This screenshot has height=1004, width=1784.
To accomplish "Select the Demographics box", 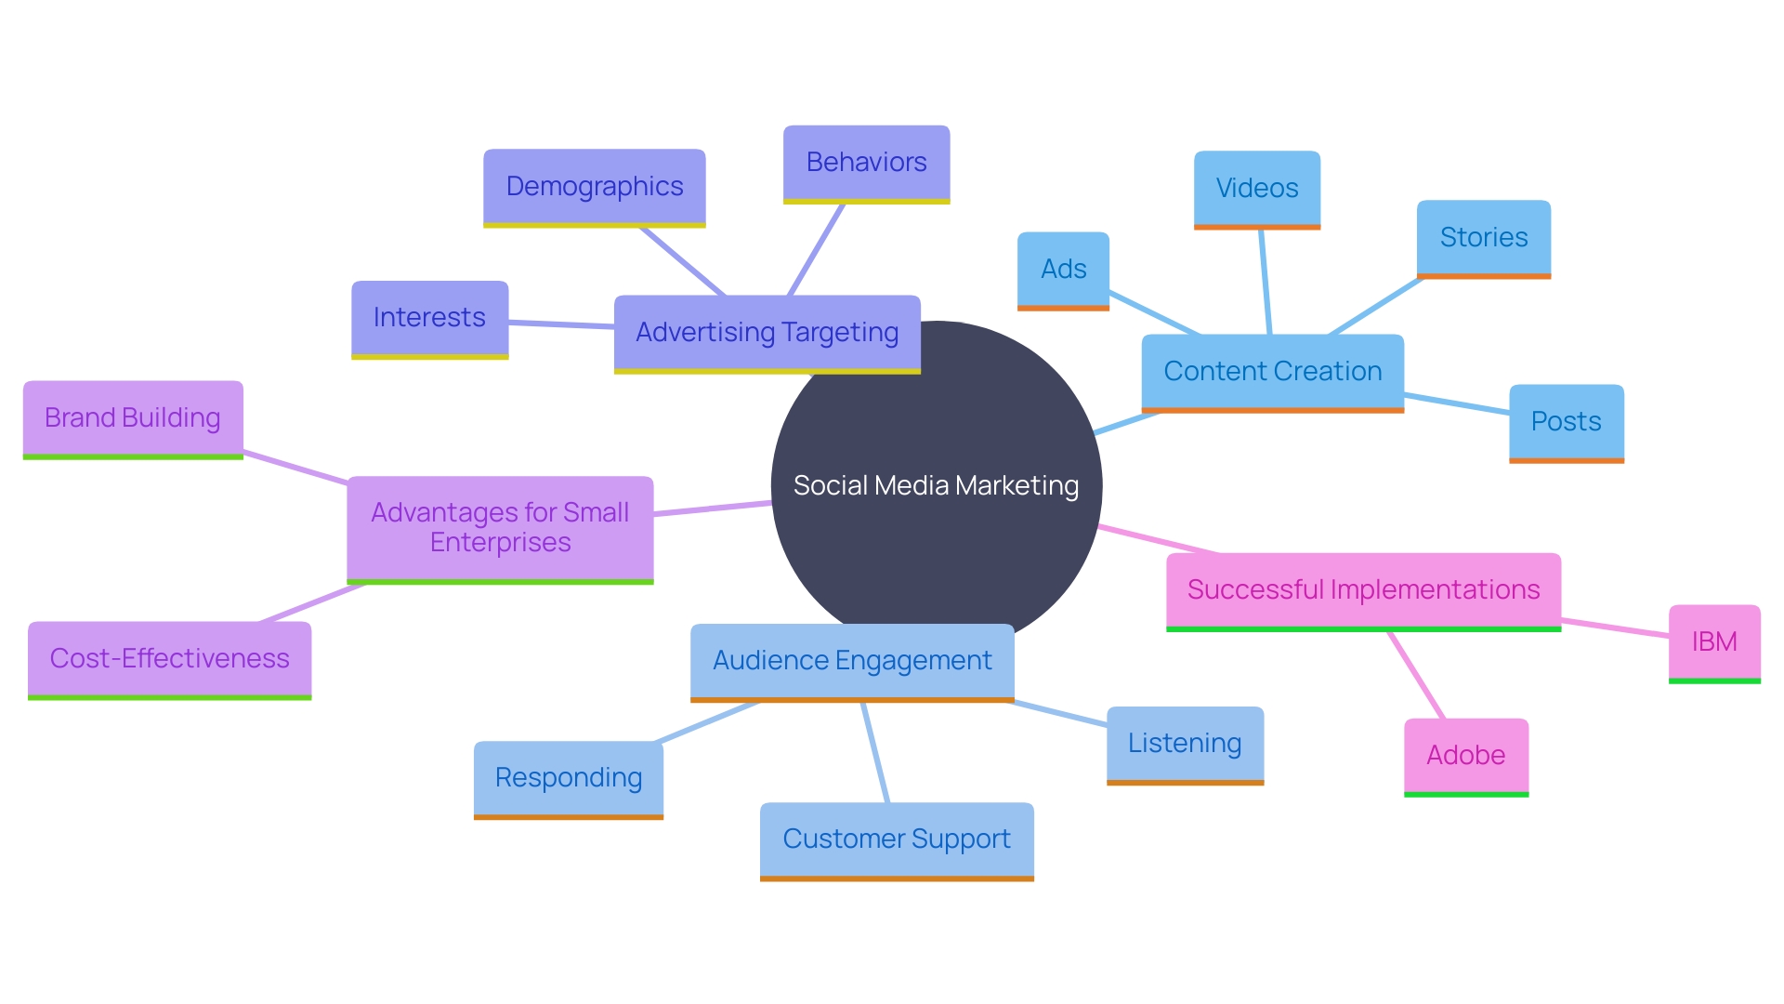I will coord(595,187).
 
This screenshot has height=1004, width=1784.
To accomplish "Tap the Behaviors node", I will coord(866,163).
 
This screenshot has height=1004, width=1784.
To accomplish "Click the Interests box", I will coord(429,318).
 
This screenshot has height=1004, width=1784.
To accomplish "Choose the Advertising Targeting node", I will coord(767,333).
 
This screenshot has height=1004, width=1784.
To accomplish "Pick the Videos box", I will coord(1256,189).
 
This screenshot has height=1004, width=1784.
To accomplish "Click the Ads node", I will coord(1063,270).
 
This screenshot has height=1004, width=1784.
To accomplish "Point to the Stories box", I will coord(1483,238).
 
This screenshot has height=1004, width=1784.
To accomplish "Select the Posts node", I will coord(1566,422).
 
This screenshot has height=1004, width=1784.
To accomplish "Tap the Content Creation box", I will coord(1272,372).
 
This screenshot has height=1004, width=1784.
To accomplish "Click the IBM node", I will coord(1714,642).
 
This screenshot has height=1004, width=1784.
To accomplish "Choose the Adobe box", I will coord(1465,756).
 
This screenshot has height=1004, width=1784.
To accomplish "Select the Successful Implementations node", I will coord(1363,590).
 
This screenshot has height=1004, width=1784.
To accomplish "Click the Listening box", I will coord(1185,744).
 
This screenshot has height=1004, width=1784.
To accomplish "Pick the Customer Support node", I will coord(897,839).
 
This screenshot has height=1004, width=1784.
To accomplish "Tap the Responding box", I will coord(569,778).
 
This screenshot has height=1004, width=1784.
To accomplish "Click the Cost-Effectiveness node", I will coord(169,659).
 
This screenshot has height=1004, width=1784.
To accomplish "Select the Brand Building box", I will coord(133,418).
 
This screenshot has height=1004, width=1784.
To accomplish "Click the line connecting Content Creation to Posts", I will coord(1456,404).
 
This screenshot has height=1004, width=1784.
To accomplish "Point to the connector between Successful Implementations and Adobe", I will coord(1417,675).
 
